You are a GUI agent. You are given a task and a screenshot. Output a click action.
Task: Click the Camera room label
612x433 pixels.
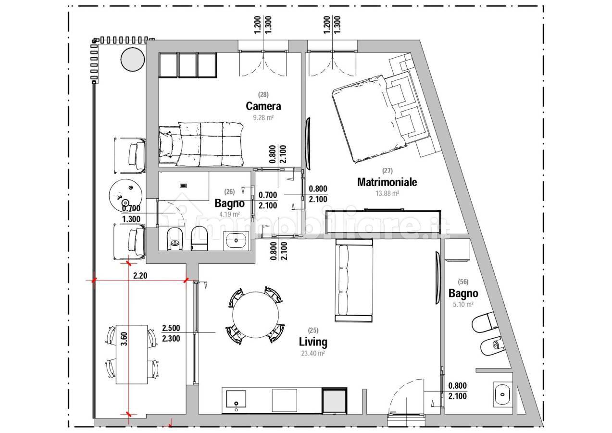pyautogui.click(x=263, y=106)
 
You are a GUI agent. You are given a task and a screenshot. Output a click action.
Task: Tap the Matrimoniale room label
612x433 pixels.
pyautogui.click(x=387, y=182)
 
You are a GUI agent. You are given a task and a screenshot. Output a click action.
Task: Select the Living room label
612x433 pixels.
pyautogui.click(x=313, y=342)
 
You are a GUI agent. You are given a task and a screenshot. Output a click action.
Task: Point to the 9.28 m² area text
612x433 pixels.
pyautogui.click(x=263, y=118)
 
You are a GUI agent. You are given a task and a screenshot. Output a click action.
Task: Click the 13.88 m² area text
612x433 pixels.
pyautogui.click(x=387, y=193)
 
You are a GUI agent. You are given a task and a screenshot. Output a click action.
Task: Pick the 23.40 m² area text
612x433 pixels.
pyautogui.click(x=313, y=354)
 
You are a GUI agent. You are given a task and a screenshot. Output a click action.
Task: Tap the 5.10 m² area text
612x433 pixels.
pyautogui.click(x=463, y=304)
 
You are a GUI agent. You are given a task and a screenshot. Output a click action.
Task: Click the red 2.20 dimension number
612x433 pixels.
pyautogui.click(x=140, y=276)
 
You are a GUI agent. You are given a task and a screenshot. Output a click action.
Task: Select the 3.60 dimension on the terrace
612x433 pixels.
pyautogui.click(x=124, y=339)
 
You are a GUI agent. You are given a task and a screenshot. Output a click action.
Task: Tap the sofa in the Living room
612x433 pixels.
pyautogui.click(x=354, y=280)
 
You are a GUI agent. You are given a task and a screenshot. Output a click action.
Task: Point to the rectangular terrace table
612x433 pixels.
pyautogui.click(x=132, y=355)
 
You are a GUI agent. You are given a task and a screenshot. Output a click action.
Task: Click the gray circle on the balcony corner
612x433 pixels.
pyautogui.click(x=133, y=59)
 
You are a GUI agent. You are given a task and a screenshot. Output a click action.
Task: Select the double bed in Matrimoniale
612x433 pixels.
pyautogui.click(x=379, y=117)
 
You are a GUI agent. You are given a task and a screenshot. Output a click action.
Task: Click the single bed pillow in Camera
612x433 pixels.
pyautogui.click(x=166, y=144)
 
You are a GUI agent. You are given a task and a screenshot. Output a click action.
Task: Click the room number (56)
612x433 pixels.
pyautogui.click(x=463, y=281)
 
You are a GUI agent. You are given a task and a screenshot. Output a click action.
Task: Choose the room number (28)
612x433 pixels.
pyautogui.click(x=263, y=95)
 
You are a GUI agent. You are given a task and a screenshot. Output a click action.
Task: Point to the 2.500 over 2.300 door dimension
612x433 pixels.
pyautogui.click(x=171, y=333)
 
